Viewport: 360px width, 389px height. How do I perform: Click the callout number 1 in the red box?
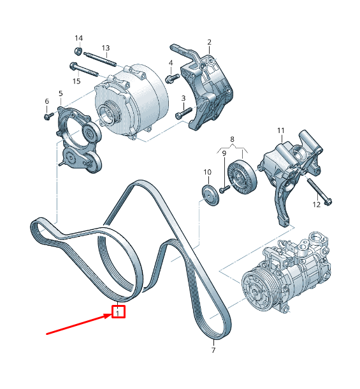119,312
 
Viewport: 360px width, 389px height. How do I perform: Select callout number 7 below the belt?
213,350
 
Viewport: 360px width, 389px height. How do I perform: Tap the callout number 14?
78,38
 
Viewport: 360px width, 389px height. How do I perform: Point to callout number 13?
106,48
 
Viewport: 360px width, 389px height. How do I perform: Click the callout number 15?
76,81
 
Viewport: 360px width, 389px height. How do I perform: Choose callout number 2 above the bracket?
209,43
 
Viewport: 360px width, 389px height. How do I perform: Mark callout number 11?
280,131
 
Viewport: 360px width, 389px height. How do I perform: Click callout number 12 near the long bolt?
317,204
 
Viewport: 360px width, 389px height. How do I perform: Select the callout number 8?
232,138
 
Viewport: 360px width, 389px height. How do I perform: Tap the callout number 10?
207,173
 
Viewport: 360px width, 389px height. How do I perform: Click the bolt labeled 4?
171,78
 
